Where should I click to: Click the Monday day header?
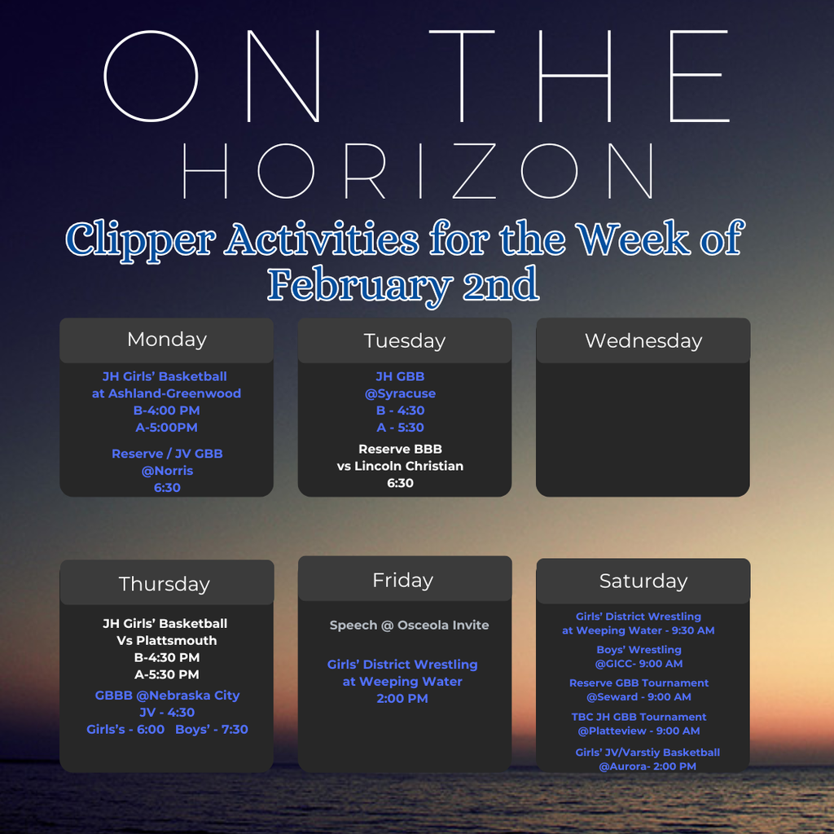[167, 340]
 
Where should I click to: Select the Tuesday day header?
[405, 340]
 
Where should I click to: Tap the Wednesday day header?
[643, 340]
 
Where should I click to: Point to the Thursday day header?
[165, 584]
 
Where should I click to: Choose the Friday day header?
[403, 580]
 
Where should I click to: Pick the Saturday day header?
[643, 581]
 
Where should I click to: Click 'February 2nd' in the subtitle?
[403, 285]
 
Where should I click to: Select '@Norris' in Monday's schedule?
[166, 471]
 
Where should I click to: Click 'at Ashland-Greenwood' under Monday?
[166, 393]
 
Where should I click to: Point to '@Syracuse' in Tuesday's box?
[400, 393]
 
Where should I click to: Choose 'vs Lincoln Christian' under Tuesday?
[400, 466]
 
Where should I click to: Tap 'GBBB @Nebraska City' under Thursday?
[167, 696]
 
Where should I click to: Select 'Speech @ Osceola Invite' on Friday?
[409, 625]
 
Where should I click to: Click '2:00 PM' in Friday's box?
[402, 699]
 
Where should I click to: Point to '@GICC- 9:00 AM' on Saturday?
[639, 664]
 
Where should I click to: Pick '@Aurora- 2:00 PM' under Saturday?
[647, 766]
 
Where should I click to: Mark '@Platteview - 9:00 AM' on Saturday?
[639, 731]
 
